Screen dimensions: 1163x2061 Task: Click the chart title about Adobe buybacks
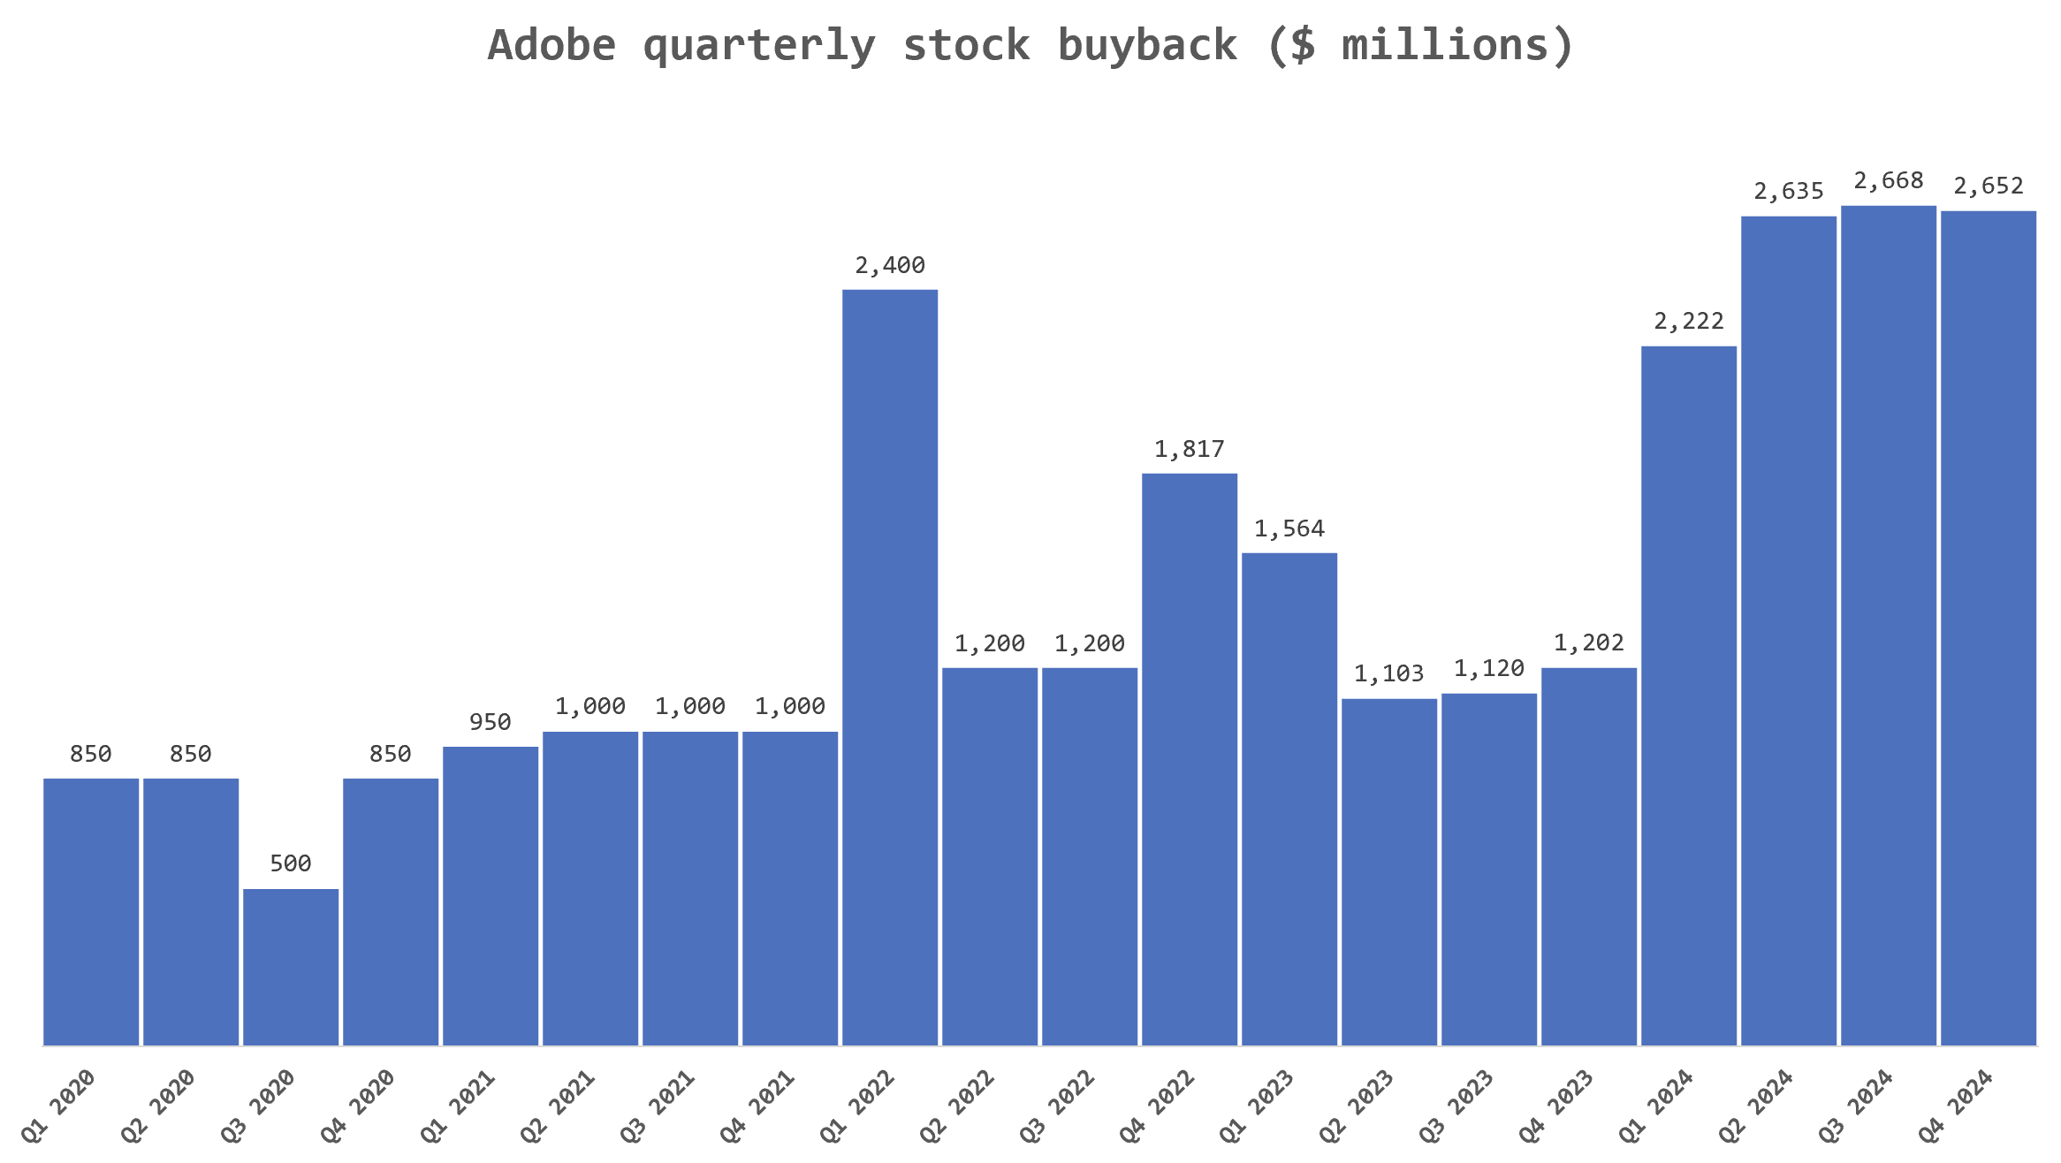[1030, 46]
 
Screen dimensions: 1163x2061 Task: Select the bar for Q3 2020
[291, 967]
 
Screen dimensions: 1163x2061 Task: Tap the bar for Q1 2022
[890, 667]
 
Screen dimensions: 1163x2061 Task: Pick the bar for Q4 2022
[1190, 759]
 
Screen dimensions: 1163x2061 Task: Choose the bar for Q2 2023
[1389, 872]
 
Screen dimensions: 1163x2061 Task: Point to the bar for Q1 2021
[491, 896]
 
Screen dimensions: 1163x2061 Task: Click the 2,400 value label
[890, 265]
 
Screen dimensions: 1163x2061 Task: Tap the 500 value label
[291, 863]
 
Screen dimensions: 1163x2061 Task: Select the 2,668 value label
[1889, 181]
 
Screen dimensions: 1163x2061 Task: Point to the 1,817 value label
[1190, 449]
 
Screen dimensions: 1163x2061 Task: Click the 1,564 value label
[1289, 528]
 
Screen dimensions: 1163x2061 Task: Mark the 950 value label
[491, 722]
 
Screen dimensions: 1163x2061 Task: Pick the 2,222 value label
[1689, 321]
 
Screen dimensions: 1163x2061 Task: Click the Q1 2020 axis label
[58, 1106]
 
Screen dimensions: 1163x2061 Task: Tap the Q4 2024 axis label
[1956, 1106]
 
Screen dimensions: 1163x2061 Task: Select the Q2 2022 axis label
[957, 1106]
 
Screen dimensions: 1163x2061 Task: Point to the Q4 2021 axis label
[757, 1106]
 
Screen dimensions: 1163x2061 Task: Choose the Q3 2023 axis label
[1456, 1106]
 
